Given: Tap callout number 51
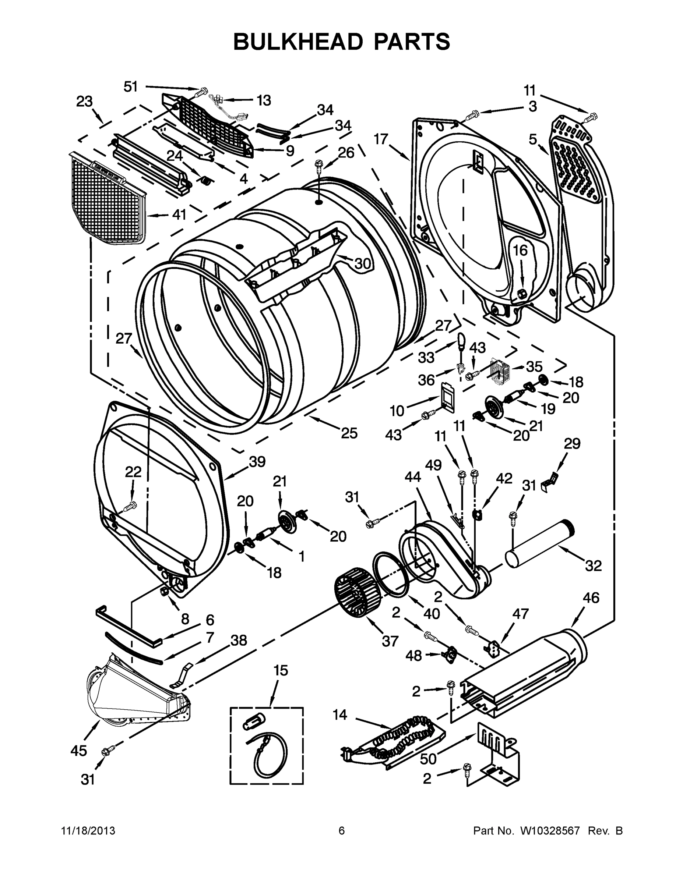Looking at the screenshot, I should [x=130, y=86].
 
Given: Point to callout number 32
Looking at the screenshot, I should [x=593, y=565].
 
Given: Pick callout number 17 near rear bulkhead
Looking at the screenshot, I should [x=381, y=139].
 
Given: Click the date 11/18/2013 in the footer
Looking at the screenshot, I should [x=88, y=831].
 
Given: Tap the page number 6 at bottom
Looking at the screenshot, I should [x=342, y=831].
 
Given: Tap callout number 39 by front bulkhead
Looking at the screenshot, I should [x=257, y=462].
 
